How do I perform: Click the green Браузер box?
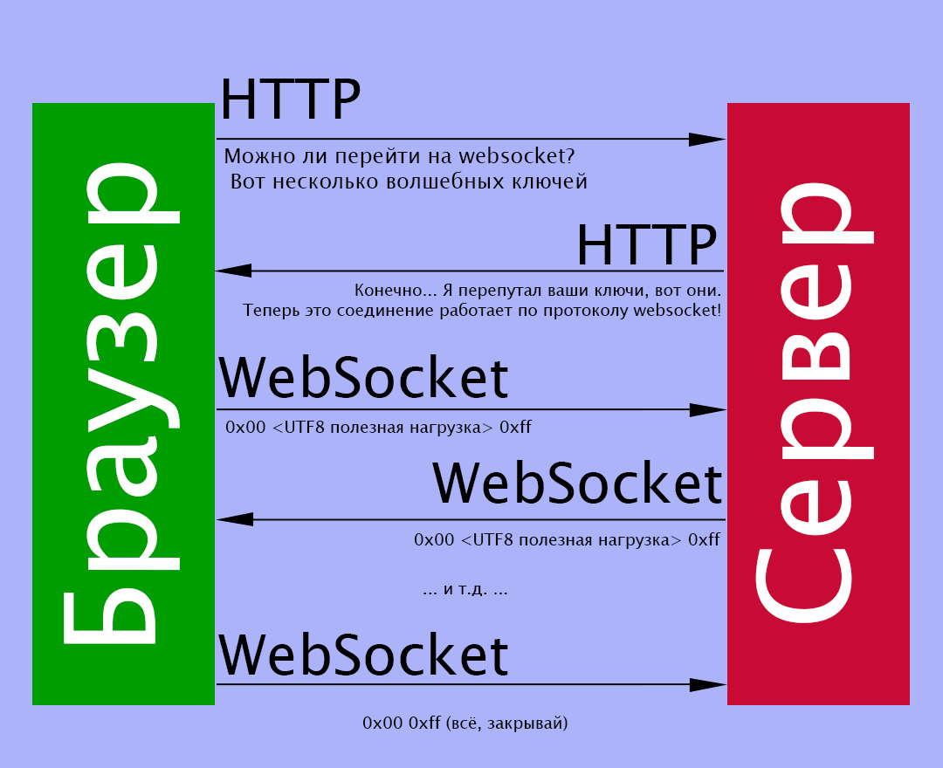click(x=123, y=404)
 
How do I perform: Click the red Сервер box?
click(x=818, y=404)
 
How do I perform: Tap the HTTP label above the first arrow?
click(x=291, y=99)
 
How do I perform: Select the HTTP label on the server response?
click(x=646, y=244)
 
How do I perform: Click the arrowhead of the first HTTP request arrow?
click(x=707, y=139)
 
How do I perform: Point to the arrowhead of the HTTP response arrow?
click(x=234, y=271)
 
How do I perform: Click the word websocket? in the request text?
click(x=517, y=156)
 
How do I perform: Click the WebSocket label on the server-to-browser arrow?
click(x=577, y=483)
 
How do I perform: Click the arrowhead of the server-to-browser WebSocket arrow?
click(x=235, y=519)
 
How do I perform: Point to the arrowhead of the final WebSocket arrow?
click(x=708, y=684)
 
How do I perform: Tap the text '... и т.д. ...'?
click(x=465, y=589)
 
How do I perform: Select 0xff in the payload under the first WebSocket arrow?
click(x=515, y=428)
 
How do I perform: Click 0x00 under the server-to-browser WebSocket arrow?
click(x=434, y=539)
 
